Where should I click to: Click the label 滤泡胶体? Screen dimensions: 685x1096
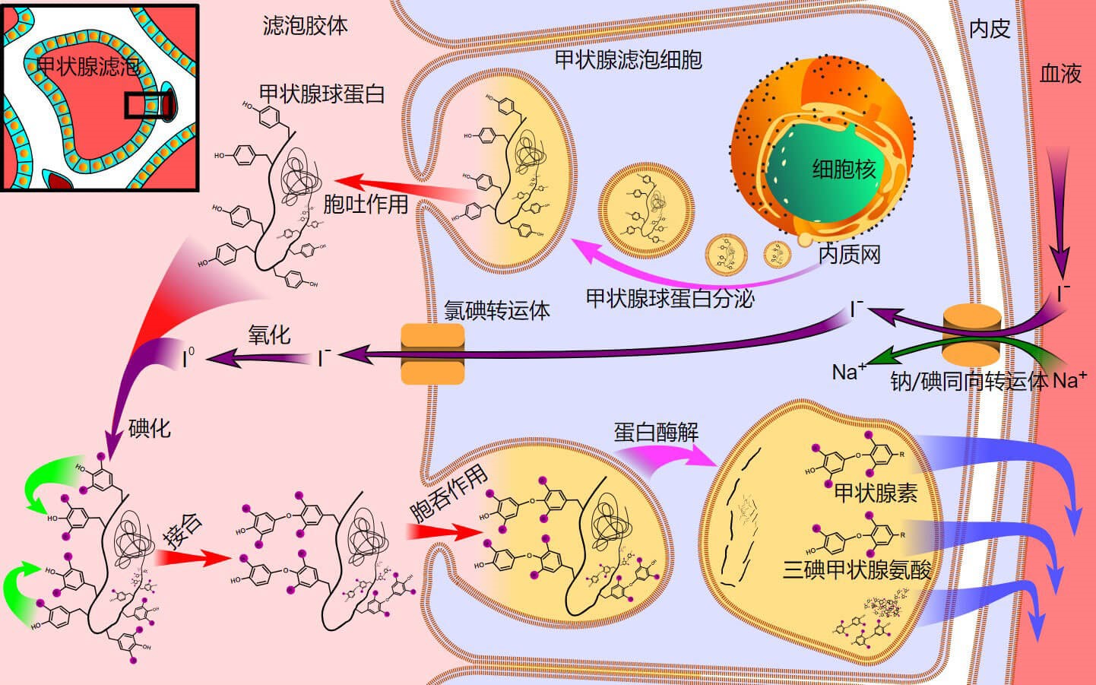(x=305, y=26)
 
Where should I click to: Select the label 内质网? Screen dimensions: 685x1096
(x=849, y=254)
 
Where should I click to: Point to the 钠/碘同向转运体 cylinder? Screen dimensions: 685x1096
(x=973, y=335)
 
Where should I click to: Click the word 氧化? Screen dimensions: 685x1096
(x=269, y=335)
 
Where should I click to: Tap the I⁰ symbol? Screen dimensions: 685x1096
(x=188, y=358)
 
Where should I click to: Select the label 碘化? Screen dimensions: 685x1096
(x=150, y=429)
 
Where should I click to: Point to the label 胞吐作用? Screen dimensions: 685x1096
(x=366, y=205)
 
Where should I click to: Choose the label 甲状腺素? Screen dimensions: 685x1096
(x=876, y=493)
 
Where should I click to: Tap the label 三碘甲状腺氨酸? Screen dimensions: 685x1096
(x=857, y=569)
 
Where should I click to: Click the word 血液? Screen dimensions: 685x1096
(x=1060, y=74)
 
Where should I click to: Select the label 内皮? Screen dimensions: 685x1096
(x=990, y=29)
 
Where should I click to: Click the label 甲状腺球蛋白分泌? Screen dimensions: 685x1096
(x=670, y=299)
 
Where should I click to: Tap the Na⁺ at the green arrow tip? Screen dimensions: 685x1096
(x=849, y=372)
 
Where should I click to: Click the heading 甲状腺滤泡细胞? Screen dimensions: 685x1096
(x=629, y=60)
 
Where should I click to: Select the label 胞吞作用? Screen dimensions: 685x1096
(x=448, y=494)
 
